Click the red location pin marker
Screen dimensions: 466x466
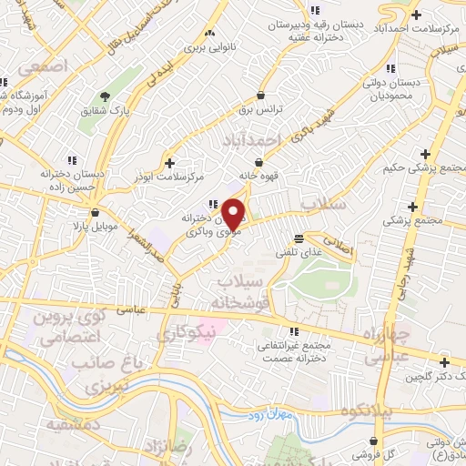(x=234, y=213)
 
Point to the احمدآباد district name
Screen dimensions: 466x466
(x=254, y=140)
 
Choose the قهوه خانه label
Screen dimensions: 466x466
(x=255, y=176)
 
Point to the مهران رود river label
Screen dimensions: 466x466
(x=269, y=414)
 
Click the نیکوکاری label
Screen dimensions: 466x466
(x=187, y=335)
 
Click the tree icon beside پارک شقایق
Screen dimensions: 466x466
(x=106, y=96)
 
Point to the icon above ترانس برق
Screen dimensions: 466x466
(x=262, y=94)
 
